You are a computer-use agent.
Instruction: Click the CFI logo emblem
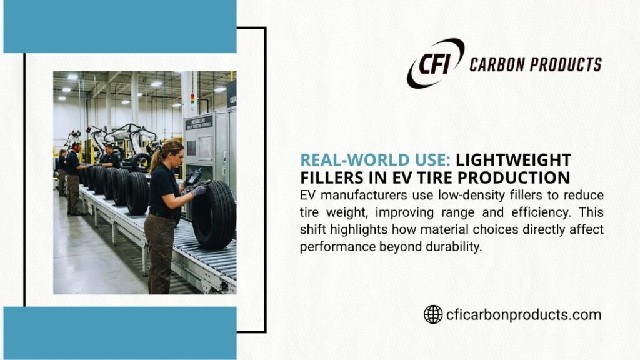pyautogui.click(x=435, y=63)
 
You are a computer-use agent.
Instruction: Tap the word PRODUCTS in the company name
pyautogui.click(x=568, y=64)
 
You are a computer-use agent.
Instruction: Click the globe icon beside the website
pyautogui.click(x=433, y=314)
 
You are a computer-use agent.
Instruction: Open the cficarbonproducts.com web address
pyautogui.click(x=524, y=314)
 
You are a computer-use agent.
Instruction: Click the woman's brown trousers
pyautogui.click(x=161, y=250)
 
